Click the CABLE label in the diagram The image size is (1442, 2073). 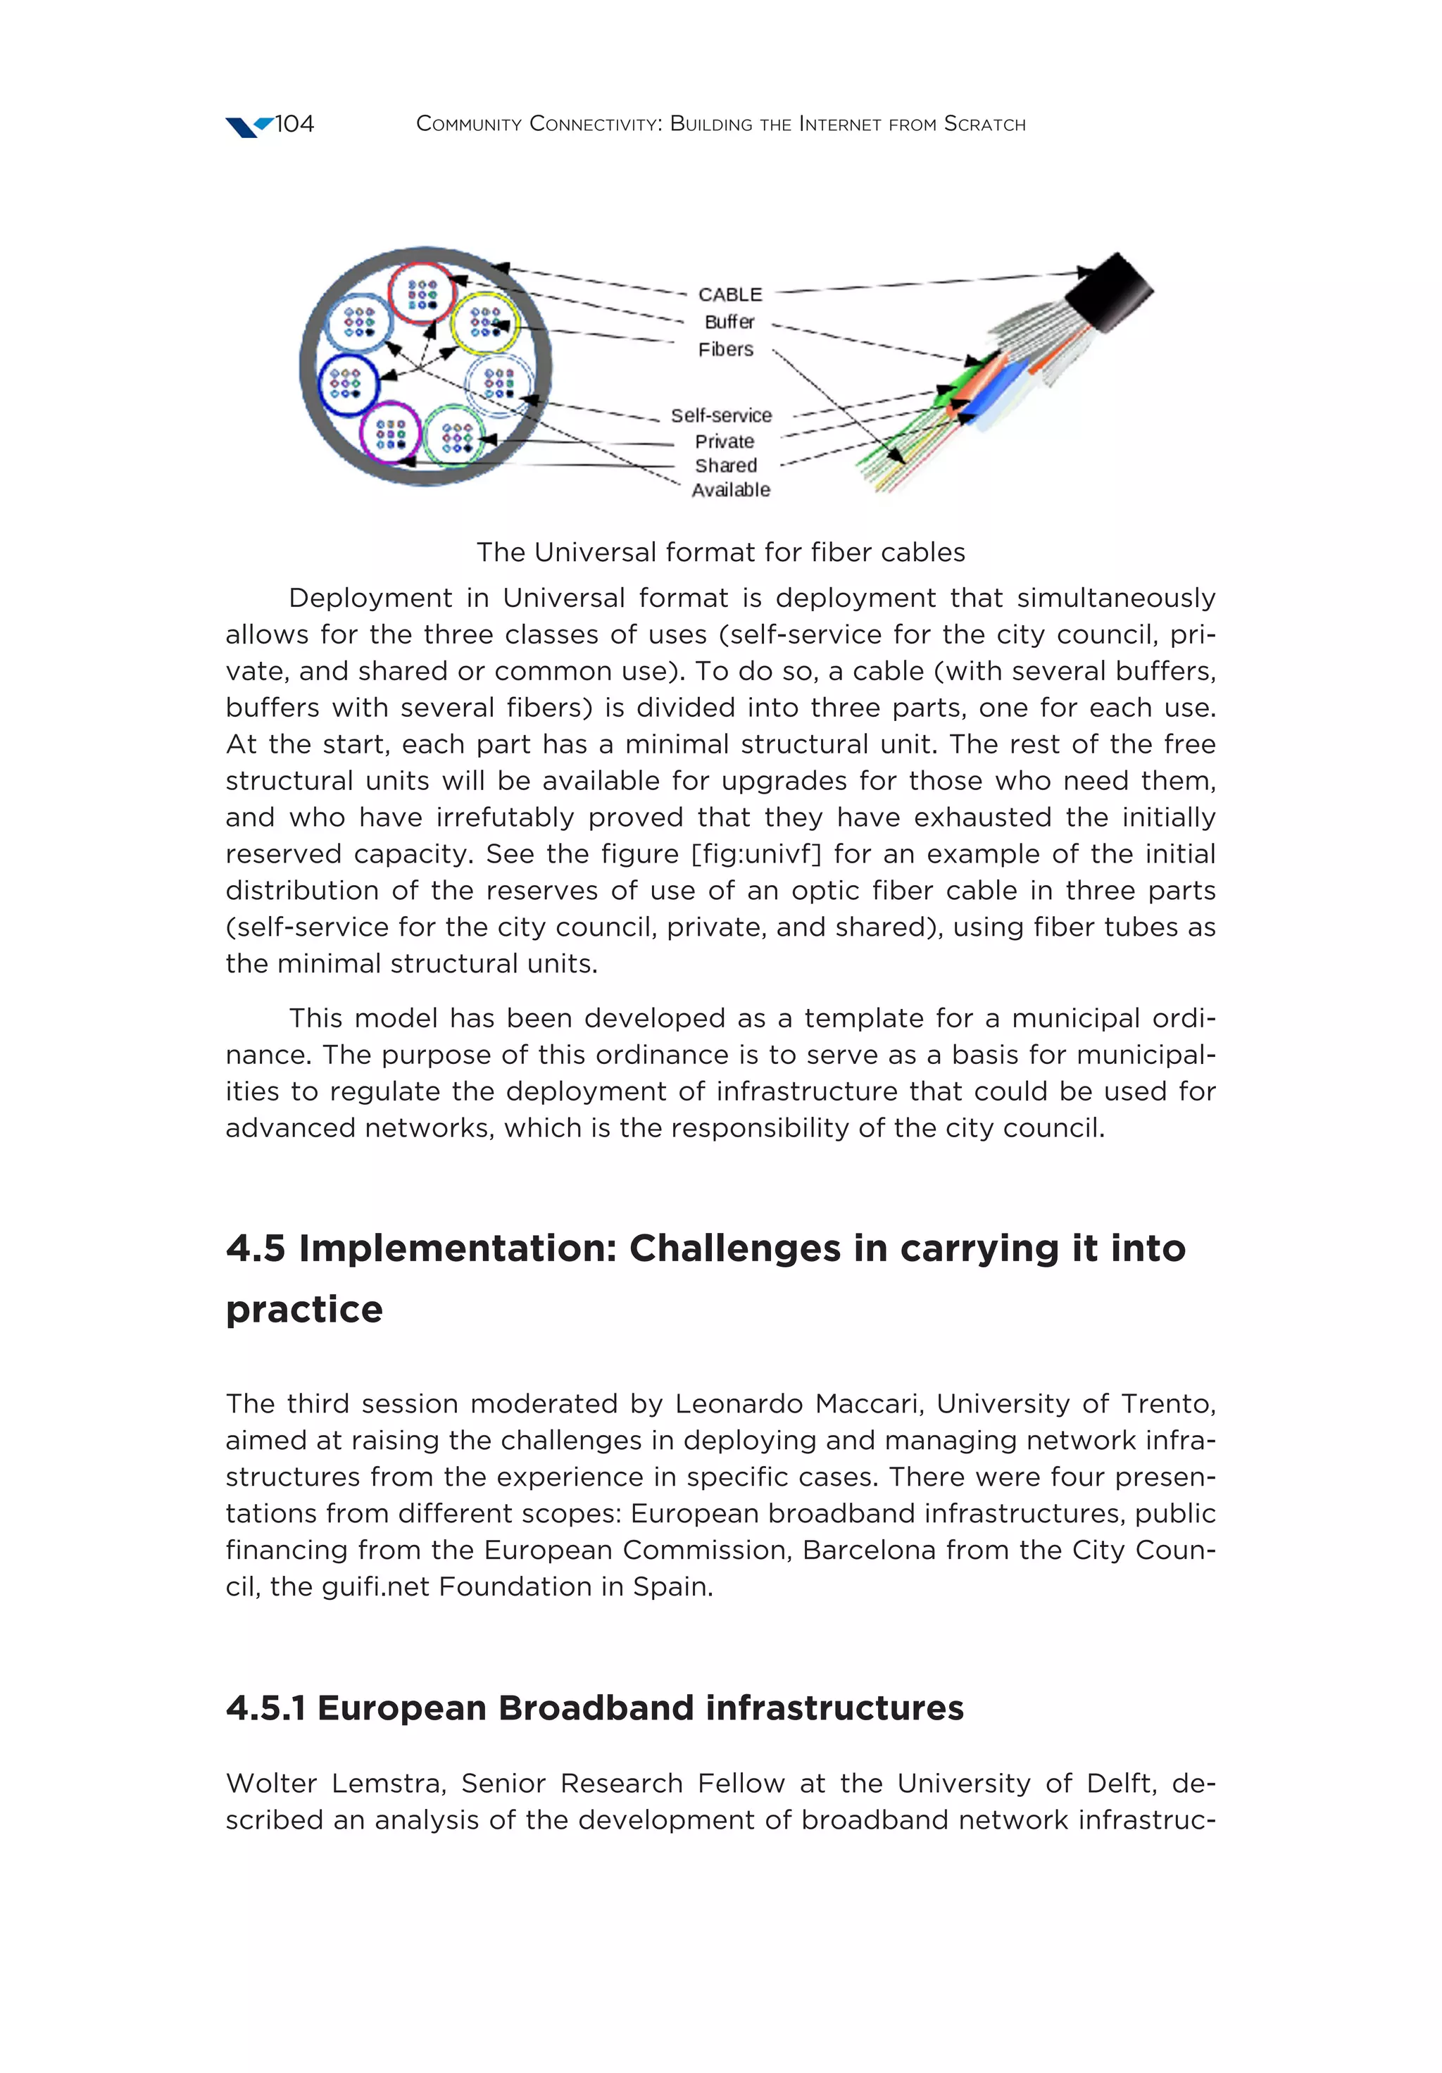(x=729, y=294)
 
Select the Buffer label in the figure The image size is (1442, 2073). (x=729, y=321)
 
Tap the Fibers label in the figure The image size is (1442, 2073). (x=725, y=349)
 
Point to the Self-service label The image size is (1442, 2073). (x=720, y=415)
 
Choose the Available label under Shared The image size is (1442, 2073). (x=730, y=489)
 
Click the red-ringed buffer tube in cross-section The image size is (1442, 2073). (x=422, y=292)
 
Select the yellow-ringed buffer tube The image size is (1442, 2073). (x=486, y=322)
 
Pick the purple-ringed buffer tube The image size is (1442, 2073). (x=390, y=432)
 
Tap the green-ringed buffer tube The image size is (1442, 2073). (x=455, y=436)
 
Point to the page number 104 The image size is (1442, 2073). (x=294, y=124)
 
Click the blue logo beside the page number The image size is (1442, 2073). (x=247, y=127)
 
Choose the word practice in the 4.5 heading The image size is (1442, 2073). (x=304, y=1309)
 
